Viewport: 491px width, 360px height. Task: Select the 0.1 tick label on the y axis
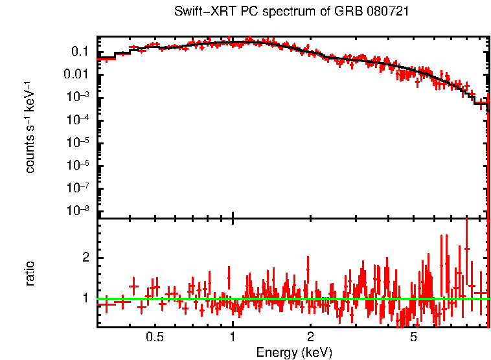pyautogui.click(x=80, y=51)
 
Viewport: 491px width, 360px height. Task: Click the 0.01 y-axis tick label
pyautogui.click(x=78, y=74)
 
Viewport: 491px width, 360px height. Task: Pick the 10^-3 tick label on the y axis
pyautogui.click(x=79, y=97)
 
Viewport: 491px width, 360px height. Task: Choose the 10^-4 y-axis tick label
pyautogui.click(x=79, y=120)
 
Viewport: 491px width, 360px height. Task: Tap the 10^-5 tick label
pyautogui.click(x=79, y=142)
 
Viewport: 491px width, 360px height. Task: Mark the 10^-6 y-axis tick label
pyautogui.click(x=79, y=166)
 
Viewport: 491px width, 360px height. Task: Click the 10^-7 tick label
pyautogui.click(x=79, y=188)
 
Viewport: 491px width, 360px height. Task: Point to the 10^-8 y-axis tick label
pyautogui.click(x=79, y=211)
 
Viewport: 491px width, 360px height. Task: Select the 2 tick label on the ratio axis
pyautogui.click(x=86, y=258)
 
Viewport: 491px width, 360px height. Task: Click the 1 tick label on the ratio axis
pyautogui.click(x=86, y=298)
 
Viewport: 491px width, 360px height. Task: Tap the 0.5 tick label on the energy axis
pyautogui.click(x=154, y=338)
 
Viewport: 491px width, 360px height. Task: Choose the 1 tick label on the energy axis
pyautogui.click(x=233, y=338)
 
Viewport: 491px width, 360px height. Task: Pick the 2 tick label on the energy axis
pyautogui.click(x=310, y=338)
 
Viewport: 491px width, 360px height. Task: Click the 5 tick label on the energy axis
pyautogui.click(x=413, y=338)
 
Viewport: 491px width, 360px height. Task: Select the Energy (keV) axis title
pyautogui.click(x=294, y=352)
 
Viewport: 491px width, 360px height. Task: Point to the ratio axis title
pyautogui.click(x=30, y=273)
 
